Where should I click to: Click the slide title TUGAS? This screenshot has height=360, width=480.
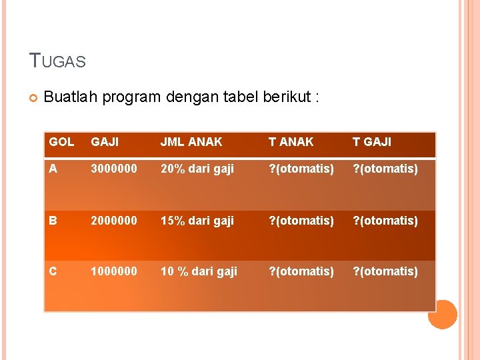coord(58,61)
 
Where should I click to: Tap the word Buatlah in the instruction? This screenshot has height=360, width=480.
coord(69,97)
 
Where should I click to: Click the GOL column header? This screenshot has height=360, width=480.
coord(61,141)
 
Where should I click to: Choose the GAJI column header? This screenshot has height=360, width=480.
coord(105,141)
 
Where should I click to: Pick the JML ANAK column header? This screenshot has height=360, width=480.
coord(191,141)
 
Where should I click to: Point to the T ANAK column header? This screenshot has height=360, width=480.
coord(291,141)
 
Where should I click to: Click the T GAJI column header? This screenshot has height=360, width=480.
coord(371,141)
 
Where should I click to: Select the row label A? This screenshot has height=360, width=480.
coord(53,169)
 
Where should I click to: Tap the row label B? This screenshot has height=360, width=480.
coord(53,220)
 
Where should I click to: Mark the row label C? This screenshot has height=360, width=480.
coord(53,271)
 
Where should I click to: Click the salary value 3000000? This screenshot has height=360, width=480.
coord(114,169)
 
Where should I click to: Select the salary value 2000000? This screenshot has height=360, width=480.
coord(114,220)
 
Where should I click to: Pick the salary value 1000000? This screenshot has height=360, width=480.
coord(114,271)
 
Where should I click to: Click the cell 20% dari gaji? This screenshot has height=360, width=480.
coord(197,169)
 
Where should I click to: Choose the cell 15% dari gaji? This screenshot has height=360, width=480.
coord(197,220)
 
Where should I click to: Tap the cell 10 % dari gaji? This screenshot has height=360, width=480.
coord(199,271)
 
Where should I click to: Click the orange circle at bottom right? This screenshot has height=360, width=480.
coord(442,314)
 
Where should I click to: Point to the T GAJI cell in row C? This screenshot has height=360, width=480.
coord(385,271)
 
